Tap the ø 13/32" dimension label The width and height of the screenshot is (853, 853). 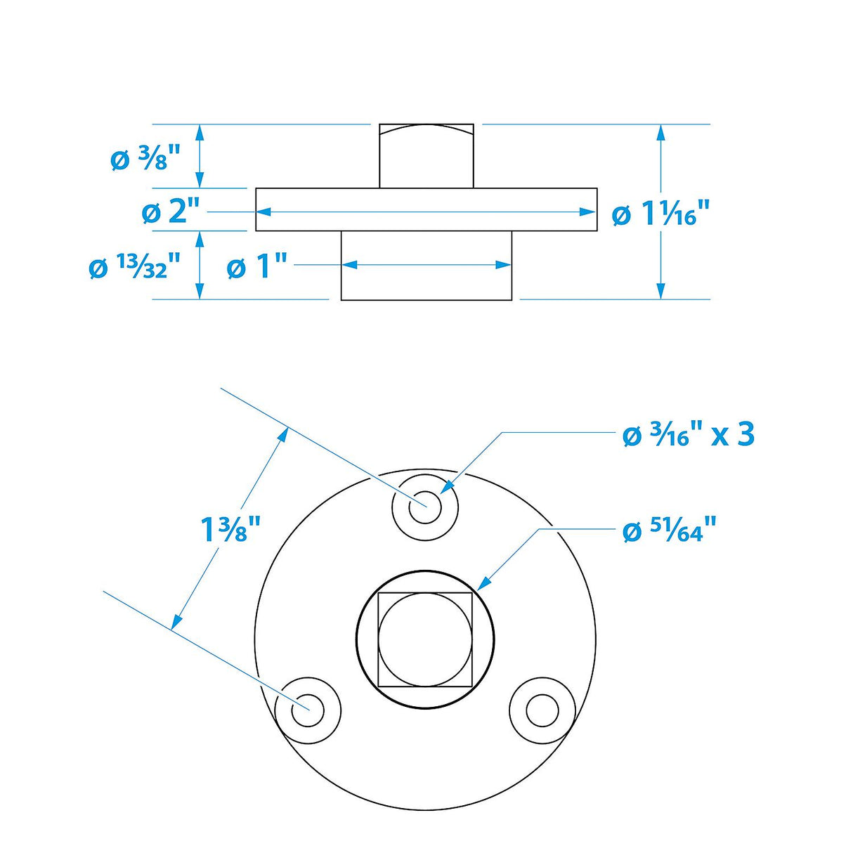(135, 268)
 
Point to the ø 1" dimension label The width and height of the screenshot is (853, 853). (257, 267)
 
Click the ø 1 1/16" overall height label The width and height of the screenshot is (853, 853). (660, 214)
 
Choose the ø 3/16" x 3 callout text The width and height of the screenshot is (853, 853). (688, 435)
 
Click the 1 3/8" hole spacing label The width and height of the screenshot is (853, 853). (230, 528)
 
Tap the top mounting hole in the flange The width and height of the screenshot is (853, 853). (425, 507)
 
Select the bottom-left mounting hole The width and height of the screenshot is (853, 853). (307, 710)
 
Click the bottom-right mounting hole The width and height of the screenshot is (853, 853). (542, 710)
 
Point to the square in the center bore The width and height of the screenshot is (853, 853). (425, 639)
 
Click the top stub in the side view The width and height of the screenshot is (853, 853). (426, 156)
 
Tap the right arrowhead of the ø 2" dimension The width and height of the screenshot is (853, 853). (589, 211)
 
